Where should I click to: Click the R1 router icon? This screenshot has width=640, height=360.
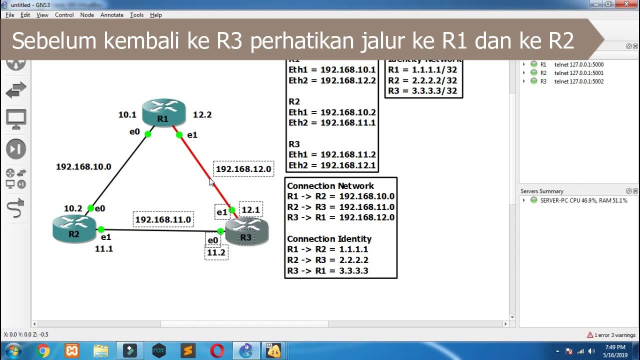[x=163, y=112]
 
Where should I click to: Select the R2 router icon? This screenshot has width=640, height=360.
[x=74, y=228]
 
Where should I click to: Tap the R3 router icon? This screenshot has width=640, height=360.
[x=246, y=231]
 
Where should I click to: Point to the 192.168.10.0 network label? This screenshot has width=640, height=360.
[x=83, y=166]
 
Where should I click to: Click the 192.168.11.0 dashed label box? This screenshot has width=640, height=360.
[x=163, y=219]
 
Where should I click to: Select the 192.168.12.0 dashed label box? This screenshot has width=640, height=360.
[x=243, y=169]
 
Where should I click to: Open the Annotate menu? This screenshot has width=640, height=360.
[x=112, y=15]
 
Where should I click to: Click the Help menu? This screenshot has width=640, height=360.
[x=156, y=15]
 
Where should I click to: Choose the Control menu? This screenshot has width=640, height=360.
[x=64, y=15]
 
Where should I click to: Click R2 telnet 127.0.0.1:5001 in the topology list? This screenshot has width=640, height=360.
[x=578, y=73]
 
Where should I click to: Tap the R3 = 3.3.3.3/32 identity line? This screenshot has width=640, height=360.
[x=422, y=91]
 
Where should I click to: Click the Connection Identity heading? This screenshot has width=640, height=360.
[x=329, y=239]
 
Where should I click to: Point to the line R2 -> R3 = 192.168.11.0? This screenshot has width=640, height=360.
[x=340, y=207]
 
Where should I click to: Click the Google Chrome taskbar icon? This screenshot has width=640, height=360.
[x=43, y=351]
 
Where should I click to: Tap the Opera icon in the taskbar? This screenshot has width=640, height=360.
[x=217, y=351]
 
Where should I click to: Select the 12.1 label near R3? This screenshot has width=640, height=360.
[x=250, y=210]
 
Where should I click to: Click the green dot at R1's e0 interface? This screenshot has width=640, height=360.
[x=148, y=134]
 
